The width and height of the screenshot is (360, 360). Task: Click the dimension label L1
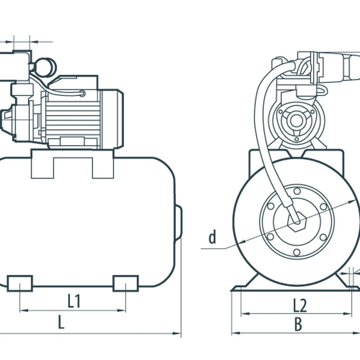pos(74,301)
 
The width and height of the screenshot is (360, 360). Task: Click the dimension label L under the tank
pos(61,322)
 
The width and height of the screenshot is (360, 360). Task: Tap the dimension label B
pos(298,325)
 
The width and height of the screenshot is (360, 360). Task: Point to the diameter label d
pos(212,237)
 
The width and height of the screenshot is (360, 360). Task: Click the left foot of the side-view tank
pos(20,283)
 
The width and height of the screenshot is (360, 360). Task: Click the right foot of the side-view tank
pos(126,283)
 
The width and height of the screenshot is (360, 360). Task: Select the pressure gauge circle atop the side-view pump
pos(45,67)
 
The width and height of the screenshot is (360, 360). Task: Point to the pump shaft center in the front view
pos(296,120)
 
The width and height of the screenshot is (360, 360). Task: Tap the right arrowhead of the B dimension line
pos(358,333)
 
